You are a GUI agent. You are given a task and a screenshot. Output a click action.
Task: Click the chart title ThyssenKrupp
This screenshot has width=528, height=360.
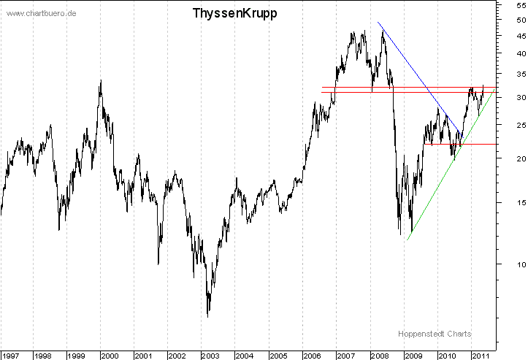point(234,13)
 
